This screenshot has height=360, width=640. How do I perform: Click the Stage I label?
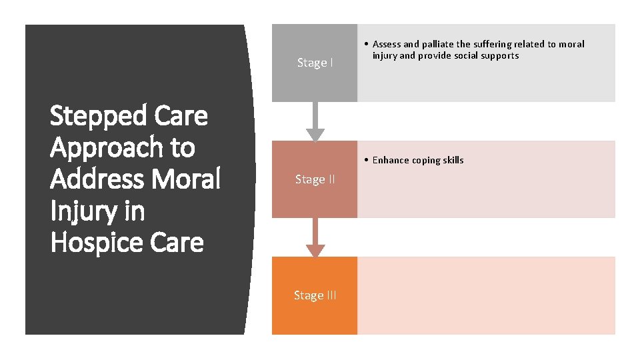[315, 63]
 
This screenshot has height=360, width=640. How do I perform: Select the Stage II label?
[315, 179]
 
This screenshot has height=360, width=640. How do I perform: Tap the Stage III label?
[315, 295]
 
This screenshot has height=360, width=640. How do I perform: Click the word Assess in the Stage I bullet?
[387, 44]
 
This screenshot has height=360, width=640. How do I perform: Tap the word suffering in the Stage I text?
[495, 44]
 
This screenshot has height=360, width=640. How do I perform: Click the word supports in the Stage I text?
[500, 55]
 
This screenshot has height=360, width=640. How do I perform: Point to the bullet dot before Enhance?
[367, 160]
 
